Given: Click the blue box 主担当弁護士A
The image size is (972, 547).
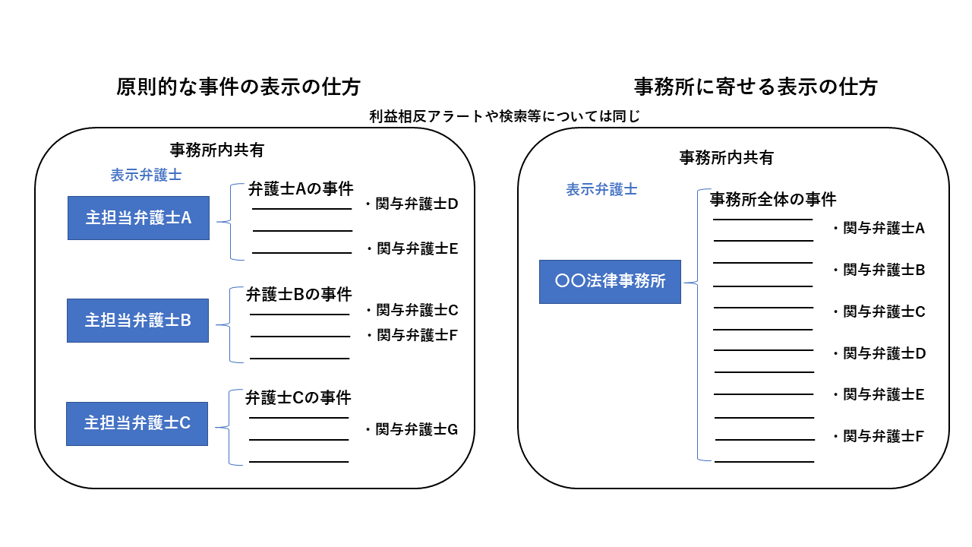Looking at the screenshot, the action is point(138,218).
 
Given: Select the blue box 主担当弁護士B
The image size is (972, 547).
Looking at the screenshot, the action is point(137,321).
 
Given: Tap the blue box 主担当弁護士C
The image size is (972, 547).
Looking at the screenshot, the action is point(137,424).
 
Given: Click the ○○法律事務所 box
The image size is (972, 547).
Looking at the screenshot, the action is point(610,282).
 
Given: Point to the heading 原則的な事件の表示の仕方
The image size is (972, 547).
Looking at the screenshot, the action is point(238,87).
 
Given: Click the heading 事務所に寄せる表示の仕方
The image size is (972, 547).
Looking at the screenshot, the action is point(756,87).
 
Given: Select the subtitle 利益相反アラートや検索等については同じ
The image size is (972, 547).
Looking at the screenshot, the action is point(505,116).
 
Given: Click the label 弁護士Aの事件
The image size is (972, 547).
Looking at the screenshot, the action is point(301,189).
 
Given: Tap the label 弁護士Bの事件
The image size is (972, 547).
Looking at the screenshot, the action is point(298,295).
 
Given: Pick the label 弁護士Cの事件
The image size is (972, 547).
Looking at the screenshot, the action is point(298,397).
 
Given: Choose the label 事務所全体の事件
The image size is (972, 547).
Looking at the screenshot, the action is point(773,200).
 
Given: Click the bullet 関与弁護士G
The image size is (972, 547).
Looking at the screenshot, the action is point(412,430).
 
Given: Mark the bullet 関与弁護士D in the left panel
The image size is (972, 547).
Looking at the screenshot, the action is point(412,204).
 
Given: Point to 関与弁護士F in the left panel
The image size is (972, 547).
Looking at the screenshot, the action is point(412,335).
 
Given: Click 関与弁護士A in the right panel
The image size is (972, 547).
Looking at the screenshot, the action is point(879,229).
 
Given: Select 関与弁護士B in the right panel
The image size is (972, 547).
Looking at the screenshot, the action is point(879,270).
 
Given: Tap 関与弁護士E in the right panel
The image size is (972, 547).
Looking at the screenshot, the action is point(879,394).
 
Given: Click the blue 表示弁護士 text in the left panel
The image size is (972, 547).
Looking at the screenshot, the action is point(146,175).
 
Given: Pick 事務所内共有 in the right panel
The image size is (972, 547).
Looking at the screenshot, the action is point(726,157).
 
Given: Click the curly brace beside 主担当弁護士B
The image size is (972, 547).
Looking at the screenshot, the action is point(229,324).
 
